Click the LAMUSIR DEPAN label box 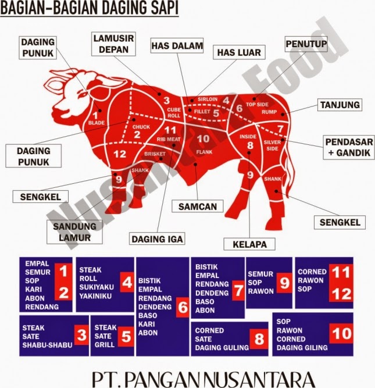(x=113, y=45)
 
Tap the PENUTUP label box (x=305, y=44)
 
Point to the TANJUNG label (x=340, y=105)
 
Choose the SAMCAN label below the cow (x=197, y=205)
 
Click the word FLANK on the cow (x=203, y=152)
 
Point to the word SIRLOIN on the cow (x=207, y=99)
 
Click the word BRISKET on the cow (x=155, y=154)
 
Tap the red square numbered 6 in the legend (x=183, y=308)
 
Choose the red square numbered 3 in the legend (x=82, y=335)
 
